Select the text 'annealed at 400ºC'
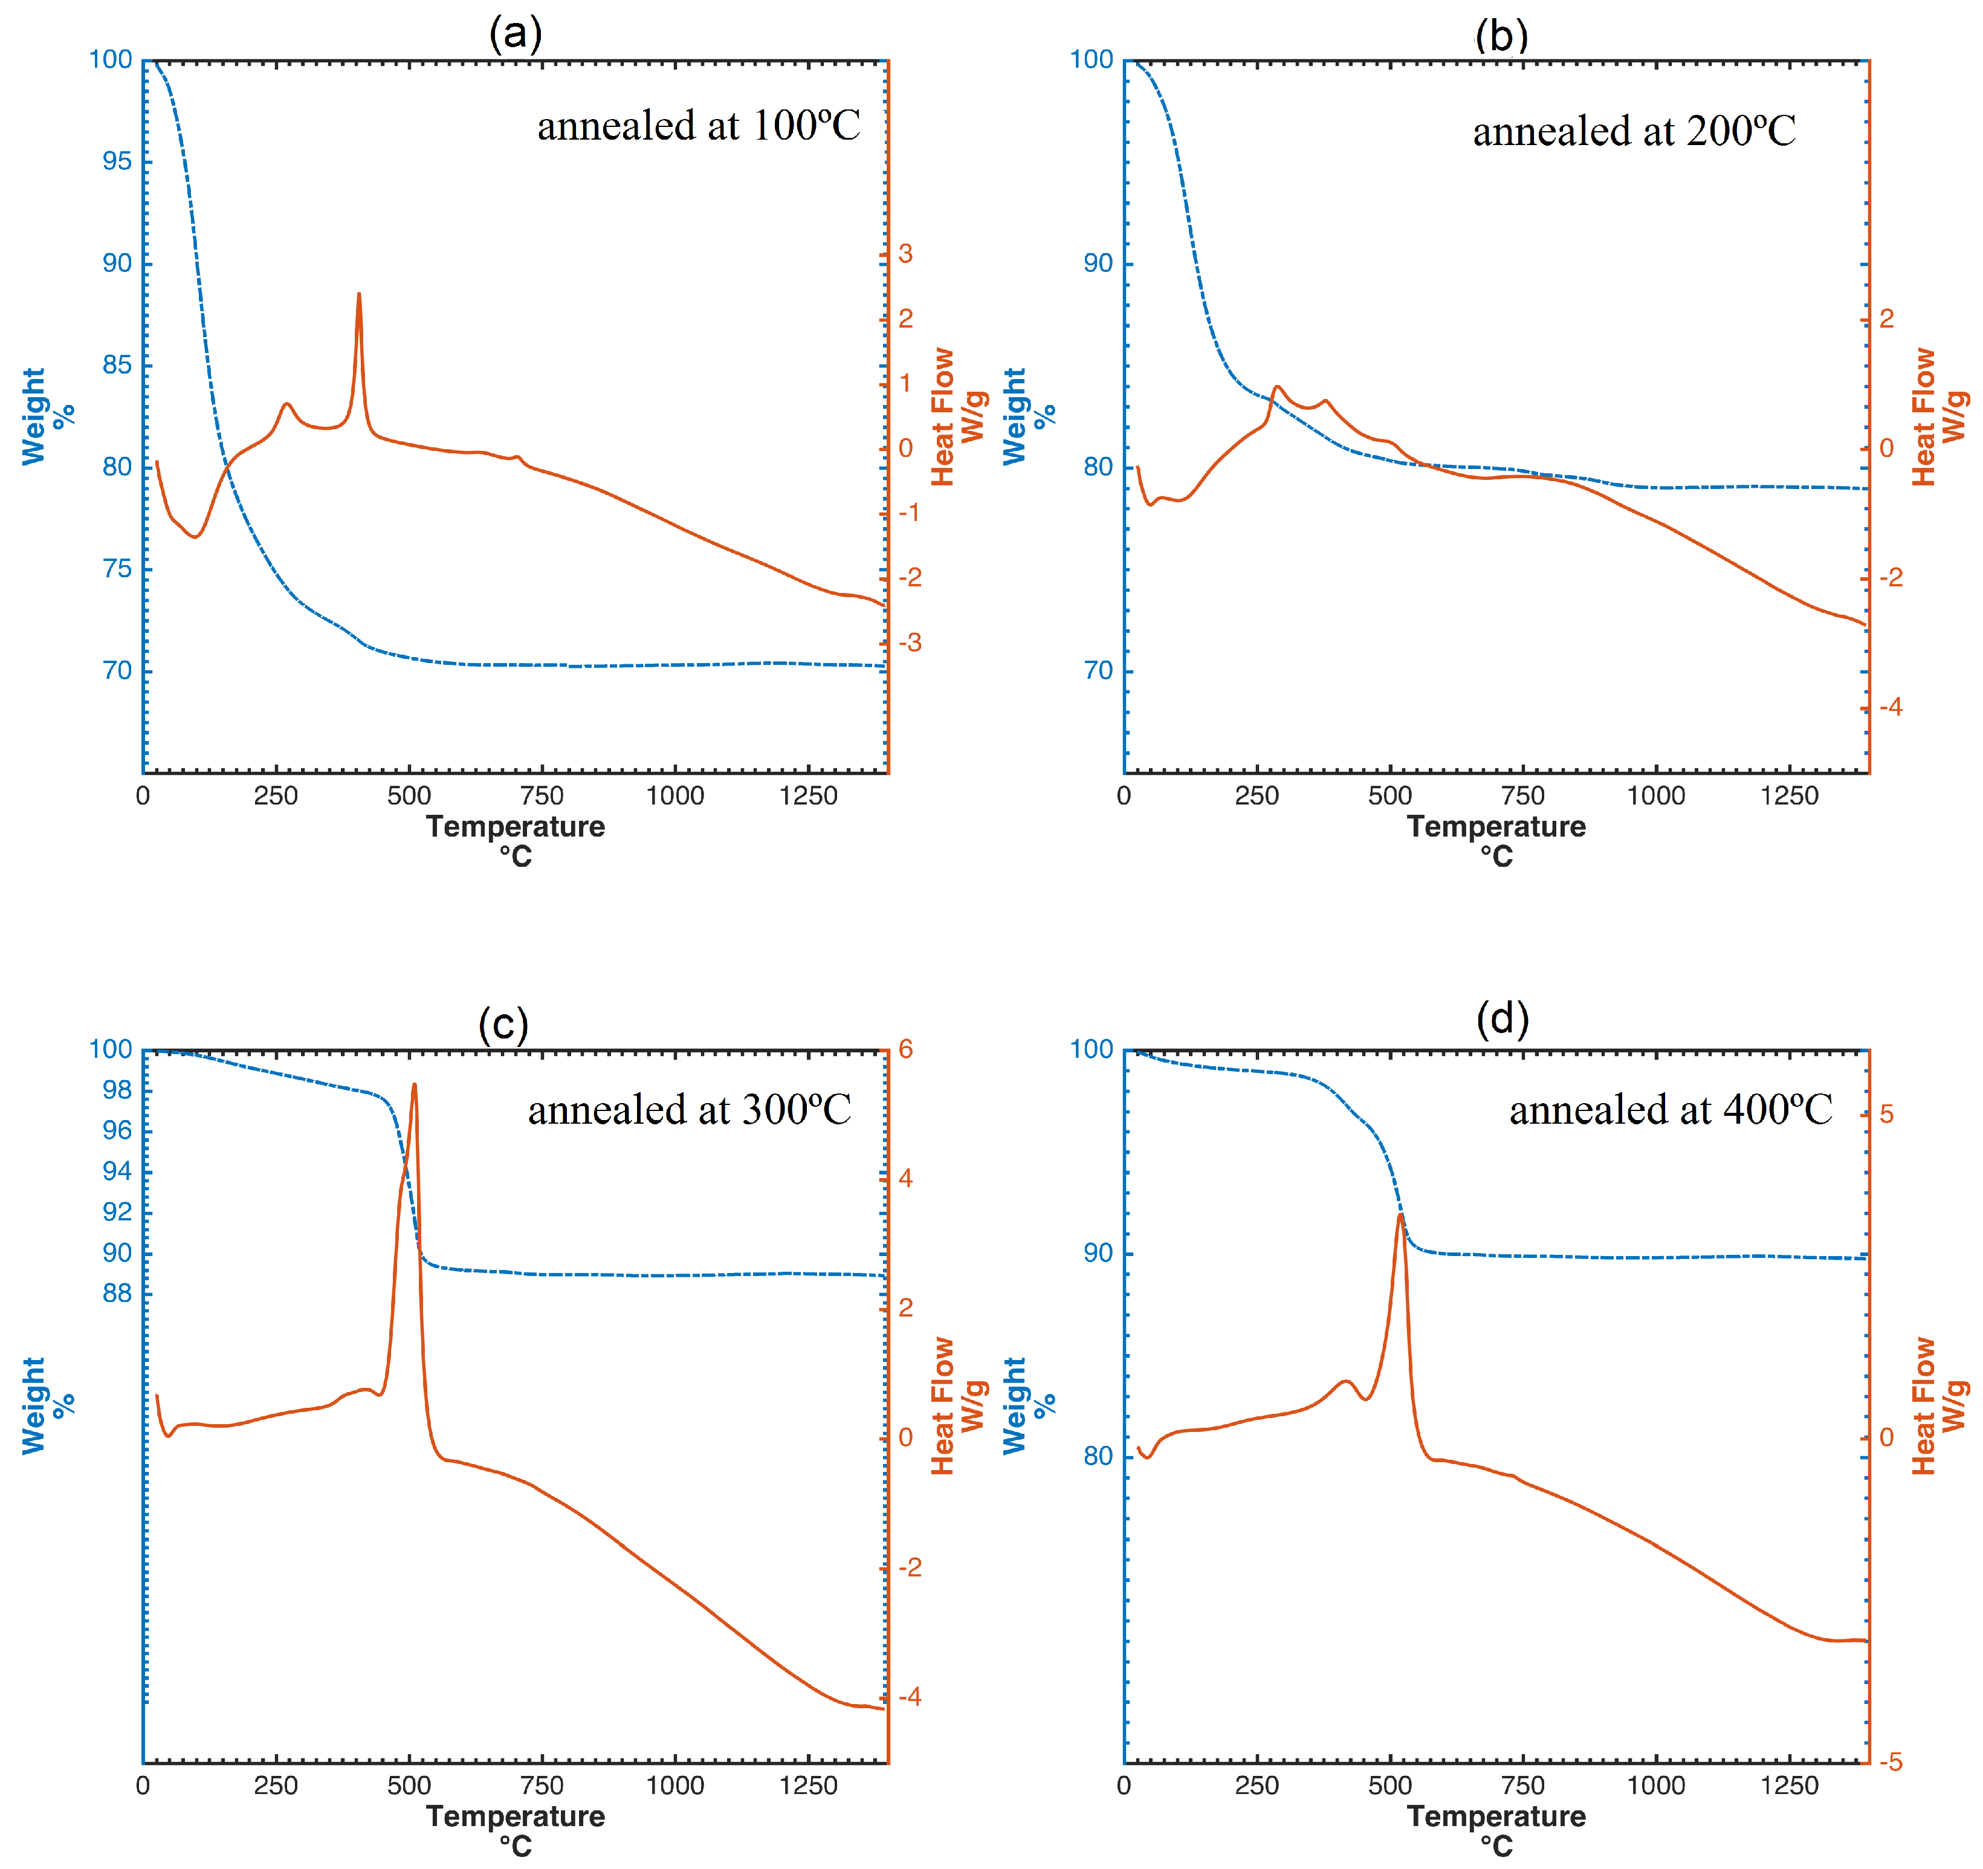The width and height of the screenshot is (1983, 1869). click(1670, 1110)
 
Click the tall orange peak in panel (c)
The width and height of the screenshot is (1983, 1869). click(414, 1086)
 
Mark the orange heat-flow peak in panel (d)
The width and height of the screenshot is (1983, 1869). click(1400, 1216)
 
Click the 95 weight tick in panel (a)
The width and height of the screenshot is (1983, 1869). click(117, 161)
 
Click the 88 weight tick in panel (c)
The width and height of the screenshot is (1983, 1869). click(117, 1293)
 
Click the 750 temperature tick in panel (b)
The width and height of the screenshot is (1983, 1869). click(1523, 796)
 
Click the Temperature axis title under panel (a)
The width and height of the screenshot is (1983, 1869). click(516, 828)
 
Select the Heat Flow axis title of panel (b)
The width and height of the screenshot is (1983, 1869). click(1923, 417)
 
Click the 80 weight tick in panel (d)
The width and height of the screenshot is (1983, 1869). click(1098, 1456)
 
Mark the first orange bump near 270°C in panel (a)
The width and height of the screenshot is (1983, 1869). click(286, 404)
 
